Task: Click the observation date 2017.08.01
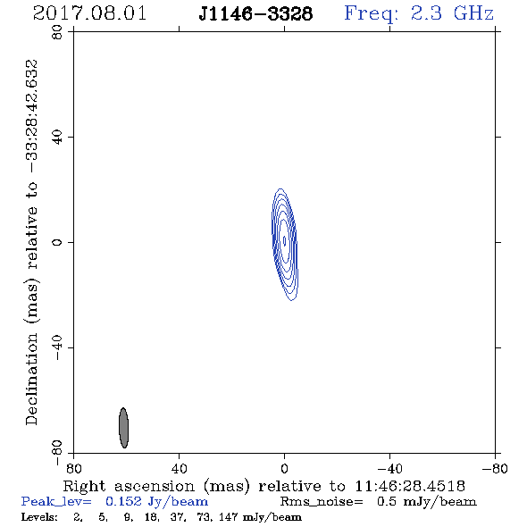tap(89, 13)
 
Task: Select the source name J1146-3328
tap(255, 13)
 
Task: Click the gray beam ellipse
tap(123, 428)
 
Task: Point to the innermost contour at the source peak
tap(285, 240)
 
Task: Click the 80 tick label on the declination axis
tap(57, 32)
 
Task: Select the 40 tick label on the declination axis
tap(57, 138)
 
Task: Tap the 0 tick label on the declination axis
tap(57, 242)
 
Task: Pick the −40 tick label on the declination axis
tap(57, 347)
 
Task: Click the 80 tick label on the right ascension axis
tap(73, 469)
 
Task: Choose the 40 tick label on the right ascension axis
tap(180, 469)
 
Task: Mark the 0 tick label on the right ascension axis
tap(284, 469)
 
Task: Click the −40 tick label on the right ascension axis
tap(389, 469)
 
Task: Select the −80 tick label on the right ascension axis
tap(495, 469)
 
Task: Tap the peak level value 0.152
tap(123, 501)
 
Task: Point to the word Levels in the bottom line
tap(39, 517)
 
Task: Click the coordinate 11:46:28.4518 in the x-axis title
tap(410, 486)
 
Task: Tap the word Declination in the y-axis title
tap(31, 379)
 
